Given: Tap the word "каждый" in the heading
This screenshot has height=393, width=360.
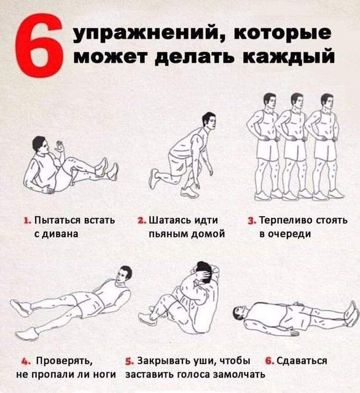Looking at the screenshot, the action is (x=289, y=56).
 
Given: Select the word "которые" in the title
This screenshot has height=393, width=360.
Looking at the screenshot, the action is (x=283, y=33).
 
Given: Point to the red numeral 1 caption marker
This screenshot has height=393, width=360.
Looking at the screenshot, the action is (x=27, y=221).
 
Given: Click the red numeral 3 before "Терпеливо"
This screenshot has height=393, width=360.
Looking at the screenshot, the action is (x=251, y=221).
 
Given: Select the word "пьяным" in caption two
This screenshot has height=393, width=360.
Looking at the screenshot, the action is (x=168, y=234).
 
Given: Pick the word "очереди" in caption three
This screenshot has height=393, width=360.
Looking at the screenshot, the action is (x=289, y=234).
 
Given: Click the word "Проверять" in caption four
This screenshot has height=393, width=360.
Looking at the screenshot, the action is (x=65, y=361).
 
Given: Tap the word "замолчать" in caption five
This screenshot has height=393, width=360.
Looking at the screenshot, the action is (x=238, y=375).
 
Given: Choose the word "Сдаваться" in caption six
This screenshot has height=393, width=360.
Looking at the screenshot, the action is (x=302, y=361).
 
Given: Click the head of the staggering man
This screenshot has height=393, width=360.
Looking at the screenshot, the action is (x=209, y=121).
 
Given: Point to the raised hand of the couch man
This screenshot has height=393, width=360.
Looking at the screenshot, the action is (x=60, y=146).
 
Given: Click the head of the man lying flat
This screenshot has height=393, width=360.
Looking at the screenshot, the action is (x=240, y=313).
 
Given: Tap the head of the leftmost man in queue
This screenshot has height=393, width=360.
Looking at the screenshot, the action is (x=270, y=101).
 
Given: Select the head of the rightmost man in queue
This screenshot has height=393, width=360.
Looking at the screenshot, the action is (x=327, y=102).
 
